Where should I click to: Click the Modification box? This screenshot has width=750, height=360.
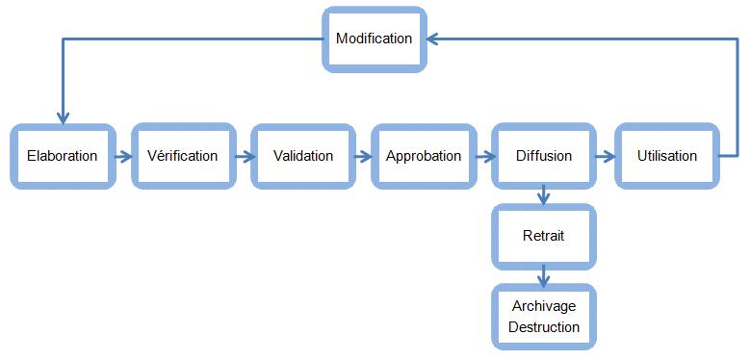[x=374, y=39]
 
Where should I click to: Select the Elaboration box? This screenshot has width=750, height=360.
[x=63, y=156]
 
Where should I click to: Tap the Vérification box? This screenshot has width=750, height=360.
[x=183, y=156]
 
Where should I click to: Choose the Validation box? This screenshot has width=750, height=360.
[x=303, y=156]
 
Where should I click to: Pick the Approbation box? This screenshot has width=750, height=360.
[x=424, y=156]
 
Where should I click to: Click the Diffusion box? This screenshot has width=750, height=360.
[x=544, y=156]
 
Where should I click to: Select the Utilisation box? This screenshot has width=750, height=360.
[x=667, y=156]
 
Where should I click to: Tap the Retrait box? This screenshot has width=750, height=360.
[x=544, y=236]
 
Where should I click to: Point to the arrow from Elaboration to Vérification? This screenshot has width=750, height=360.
[x=122, y=156]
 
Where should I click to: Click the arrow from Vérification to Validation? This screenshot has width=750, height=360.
[x=243, y=156]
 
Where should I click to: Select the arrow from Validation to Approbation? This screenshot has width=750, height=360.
[x=363, y=156]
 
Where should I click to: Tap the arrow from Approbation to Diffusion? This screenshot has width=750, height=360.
[x=483, y=156]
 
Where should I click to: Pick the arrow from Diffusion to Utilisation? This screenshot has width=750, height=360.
[x=605, y=156]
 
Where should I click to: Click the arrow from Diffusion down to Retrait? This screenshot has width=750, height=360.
[x=544, y=195]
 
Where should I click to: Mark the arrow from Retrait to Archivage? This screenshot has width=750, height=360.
[x=544, y=276]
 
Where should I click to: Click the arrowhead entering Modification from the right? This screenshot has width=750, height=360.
[x=434, y=39]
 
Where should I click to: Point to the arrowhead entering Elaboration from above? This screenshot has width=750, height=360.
[x=63, y=116]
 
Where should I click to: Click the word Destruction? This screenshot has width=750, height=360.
[x=544, y=327]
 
